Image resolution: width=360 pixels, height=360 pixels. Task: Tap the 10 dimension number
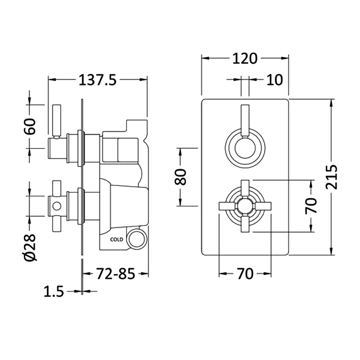coord(274,80)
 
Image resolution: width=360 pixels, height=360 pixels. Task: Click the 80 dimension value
coord(180,176)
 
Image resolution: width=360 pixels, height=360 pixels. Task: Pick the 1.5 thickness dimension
coord(54,292)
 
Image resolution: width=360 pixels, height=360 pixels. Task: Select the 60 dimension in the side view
coord(30,127)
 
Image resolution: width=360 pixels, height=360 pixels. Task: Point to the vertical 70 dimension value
coord(311,206)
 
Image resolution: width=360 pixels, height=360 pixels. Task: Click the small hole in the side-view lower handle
coord(56,207)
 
